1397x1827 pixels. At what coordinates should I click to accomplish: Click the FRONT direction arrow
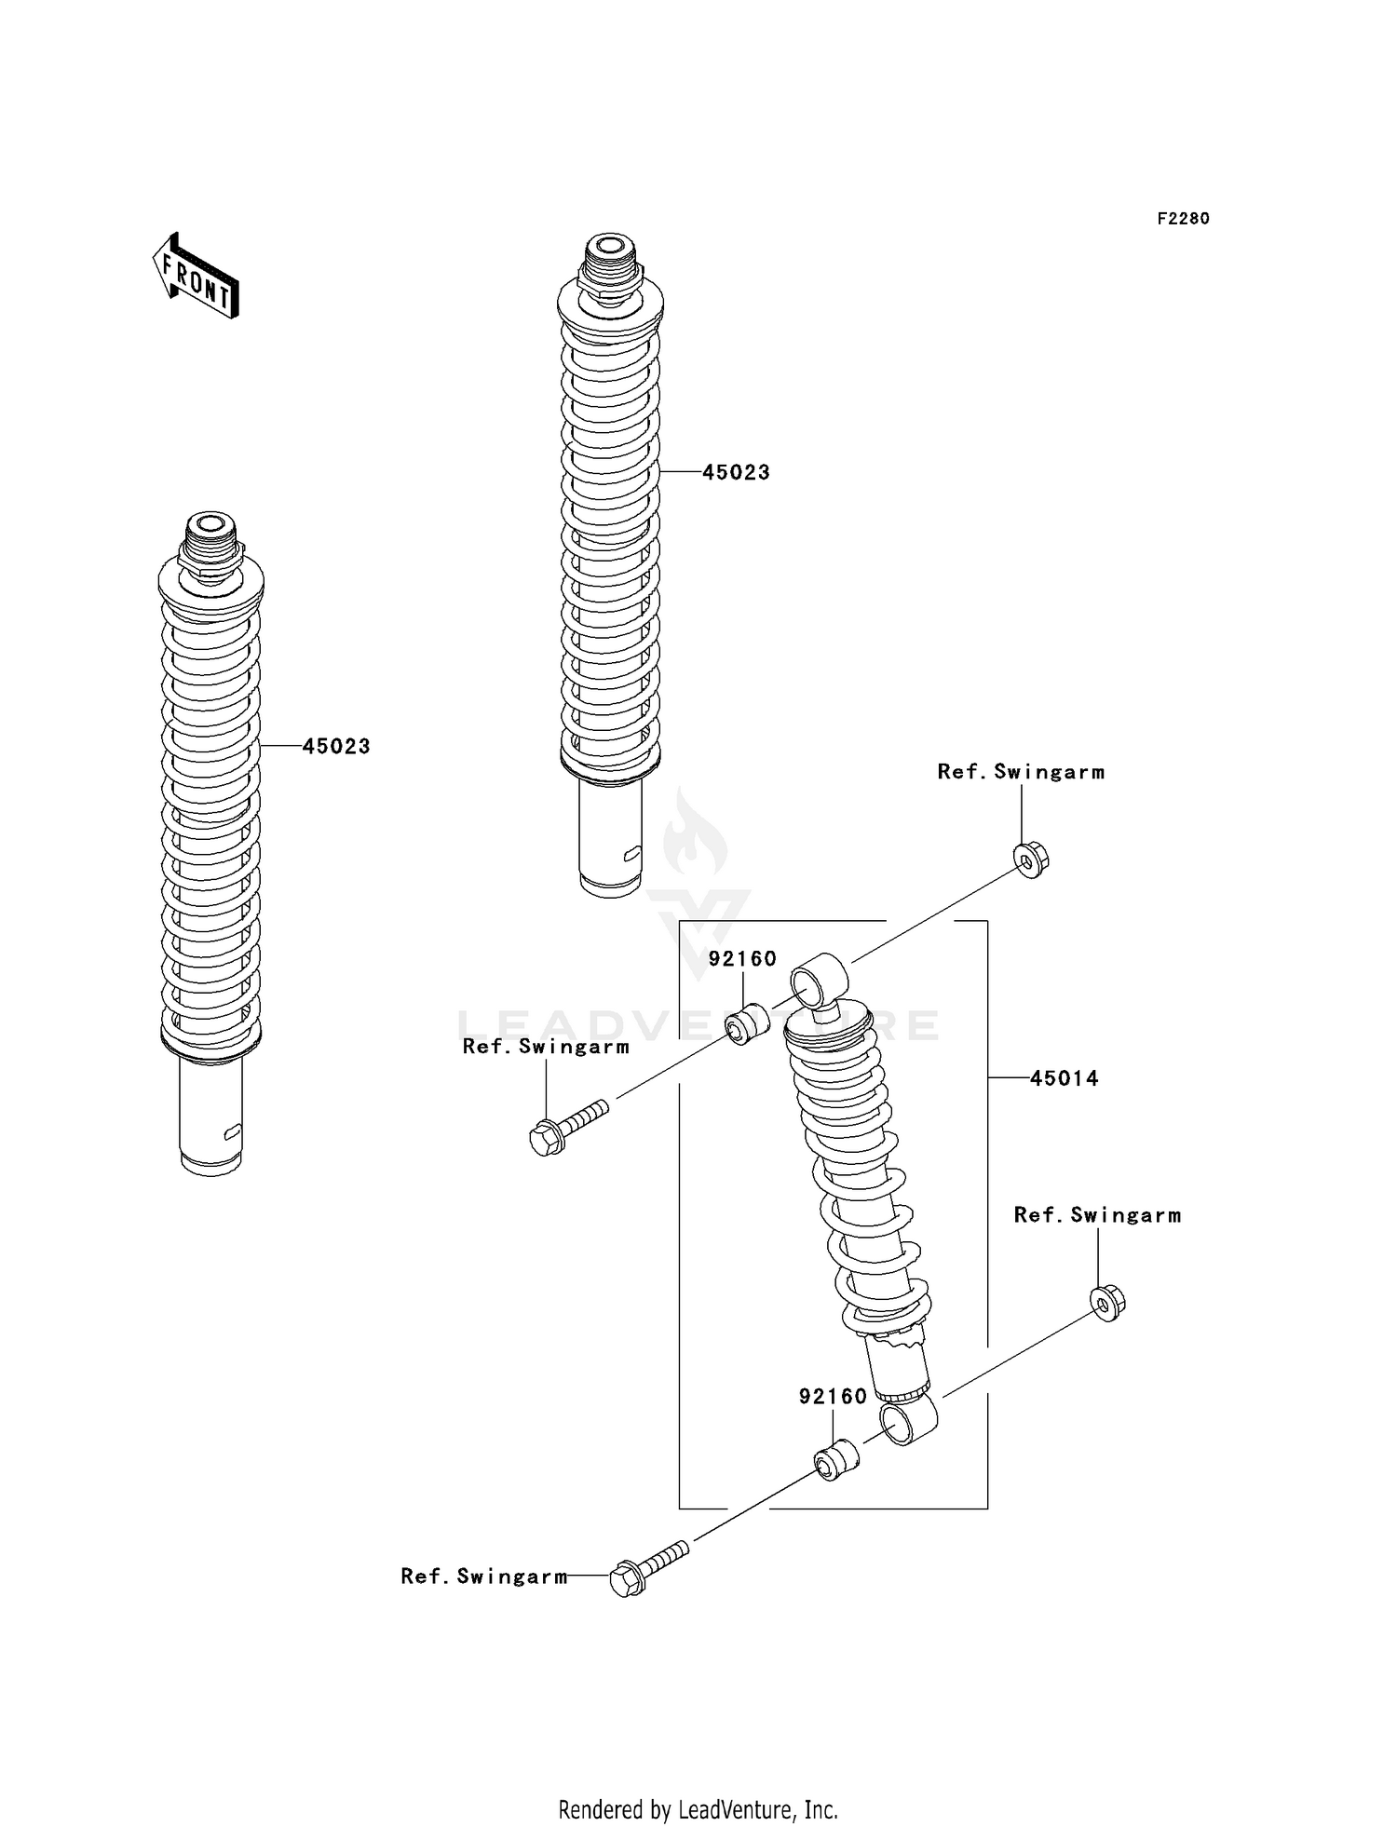[197, 277]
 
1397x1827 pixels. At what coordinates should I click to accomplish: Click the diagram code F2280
[1183, 219]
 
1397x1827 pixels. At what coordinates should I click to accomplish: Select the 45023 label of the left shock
[336, 746]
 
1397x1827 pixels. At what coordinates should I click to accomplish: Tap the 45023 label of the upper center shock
[736, 472]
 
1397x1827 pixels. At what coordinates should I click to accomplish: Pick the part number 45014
[1064, 1078]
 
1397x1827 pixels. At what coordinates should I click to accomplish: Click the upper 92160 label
[742, 959]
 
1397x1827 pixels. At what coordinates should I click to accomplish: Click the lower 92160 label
[833, 1396]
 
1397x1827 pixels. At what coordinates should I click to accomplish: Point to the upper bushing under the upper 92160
[748, 1024]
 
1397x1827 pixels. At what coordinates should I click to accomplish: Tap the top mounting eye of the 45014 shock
[819, 979]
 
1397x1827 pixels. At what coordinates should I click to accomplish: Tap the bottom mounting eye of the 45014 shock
[907, 1422]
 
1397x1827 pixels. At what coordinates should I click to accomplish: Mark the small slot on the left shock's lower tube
[233, 1130]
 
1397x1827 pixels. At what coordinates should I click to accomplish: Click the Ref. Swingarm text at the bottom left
[483, 1577]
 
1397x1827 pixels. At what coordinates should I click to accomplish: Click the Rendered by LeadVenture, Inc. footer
[698, 1810]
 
